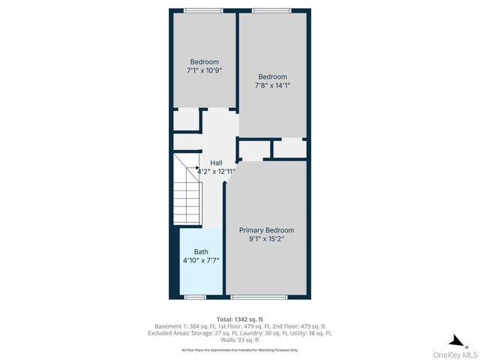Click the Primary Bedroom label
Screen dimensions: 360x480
(266, 230)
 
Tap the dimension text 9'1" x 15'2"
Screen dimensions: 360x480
(266, 240)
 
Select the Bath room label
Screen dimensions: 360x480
(201, 252)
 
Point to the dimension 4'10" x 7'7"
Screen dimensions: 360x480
(201, 261)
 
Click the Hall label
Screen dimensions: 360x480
(216, 163)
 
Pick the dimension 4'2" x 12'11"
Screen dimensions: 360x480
(216, 172)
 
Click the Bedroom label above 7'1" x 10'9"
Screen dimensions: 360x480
(204, 61)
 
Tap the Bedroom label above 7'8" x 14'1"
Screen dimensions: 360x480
(272, 76)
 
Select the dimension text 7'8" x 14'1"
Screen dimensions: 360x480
(272, 85)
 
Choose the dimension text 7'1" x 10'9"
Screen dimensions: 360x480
(204, 70)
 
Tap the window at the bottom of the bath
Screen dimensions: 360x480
(195, 297)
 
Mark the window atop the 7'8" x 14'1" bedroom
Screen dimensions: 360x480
(271, 10)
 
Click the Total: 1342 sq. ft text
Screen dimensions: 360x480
(240, 319)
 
